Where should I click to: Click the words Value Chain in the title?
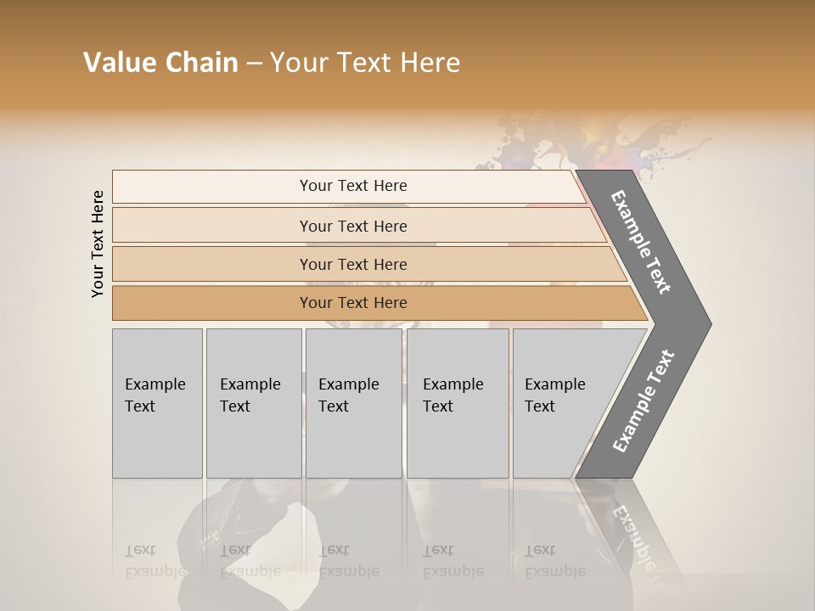pos(160,63)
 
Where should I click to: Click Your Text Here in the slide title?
pos(365,63)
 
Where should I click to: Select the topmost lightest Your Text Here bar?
pos(352,186)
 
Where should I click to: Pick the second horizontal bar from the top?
pos(352,226)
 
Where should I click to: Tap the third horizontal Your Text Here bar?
pos(352,264)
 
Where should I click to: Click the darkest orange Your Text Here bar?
pos(352,303)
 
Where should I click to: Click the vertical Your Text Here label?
pos(98,244)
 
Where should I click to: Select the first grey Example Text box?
pos(157,402)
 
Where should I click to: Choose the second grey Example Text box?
pos(253,402)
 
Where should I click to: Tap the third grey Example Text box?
pos(353,402)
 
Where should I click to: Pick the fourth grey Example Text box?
pos(457,402)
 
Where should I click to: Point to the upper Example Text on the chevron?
pos(642,242)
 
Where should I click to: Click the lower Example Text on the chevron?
pos(643,401)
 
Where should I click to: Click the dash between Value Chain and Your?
pos(254,64)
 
